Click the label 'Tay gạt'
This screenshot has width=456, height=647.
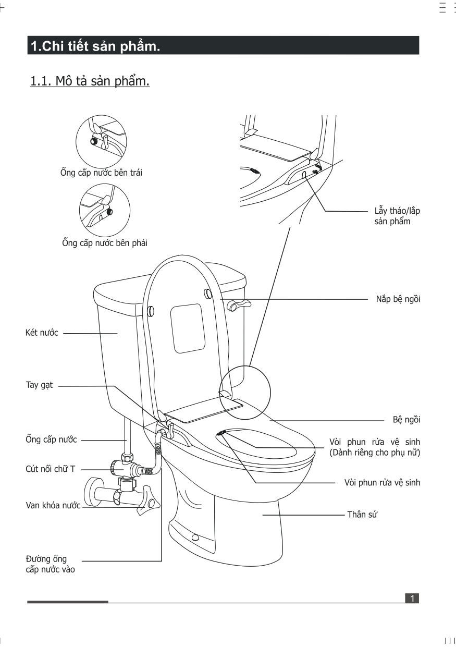pos(39,386)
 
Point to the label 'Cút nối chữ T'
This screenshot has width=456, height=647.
pos(51,469)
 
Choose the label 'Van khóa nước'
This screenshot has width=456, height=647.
pos(53,506)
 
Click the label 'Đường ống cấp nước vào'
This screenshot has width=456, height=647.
pos(50,564)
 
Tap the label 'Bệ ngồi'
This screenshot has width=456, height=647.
pos(406,420)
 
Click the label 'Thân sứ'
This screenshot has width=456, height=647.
pos(362,515)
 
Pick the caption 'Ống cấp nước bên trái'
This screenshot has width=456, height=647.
pos(101,173)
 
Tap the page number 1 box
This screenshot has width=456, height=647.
pos(412,598)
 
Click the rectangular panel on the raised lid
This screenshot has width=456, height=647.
pos(186,327)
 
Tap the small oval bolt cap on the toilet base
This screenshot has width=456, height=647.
pos(195,538)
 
